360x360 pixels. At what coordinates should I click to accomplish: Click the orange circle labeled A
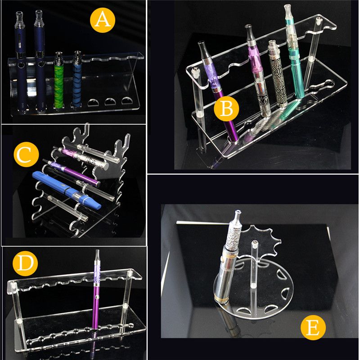coord(102,21)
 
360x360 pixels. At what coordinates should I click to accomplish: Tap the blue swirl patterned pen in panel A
coord(77,81)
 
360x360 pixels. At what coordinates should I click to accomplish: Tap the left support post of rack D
coord(18,315)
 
